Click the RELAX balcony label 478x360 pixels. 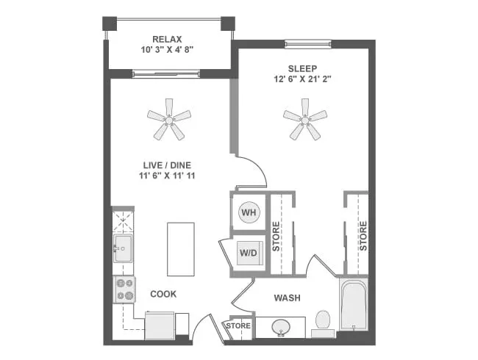coord(167,39)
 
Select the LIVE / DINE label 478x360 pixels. coord(168,165)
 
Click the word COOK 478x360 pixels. coord(163,294)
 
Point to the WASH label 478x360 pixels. coord(288,298)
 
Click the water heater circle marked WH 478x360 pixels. coord(249,212)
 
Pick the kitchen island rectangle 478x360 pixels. coord(180,248)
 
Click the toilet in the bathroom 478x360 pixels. coord(322,321)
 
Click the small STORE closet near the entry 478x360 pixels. coord(238,325)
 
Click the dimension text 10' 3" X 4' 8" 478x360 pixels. coord(167,51)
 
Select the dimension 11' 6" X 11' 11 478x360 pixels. coord(168,176)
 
